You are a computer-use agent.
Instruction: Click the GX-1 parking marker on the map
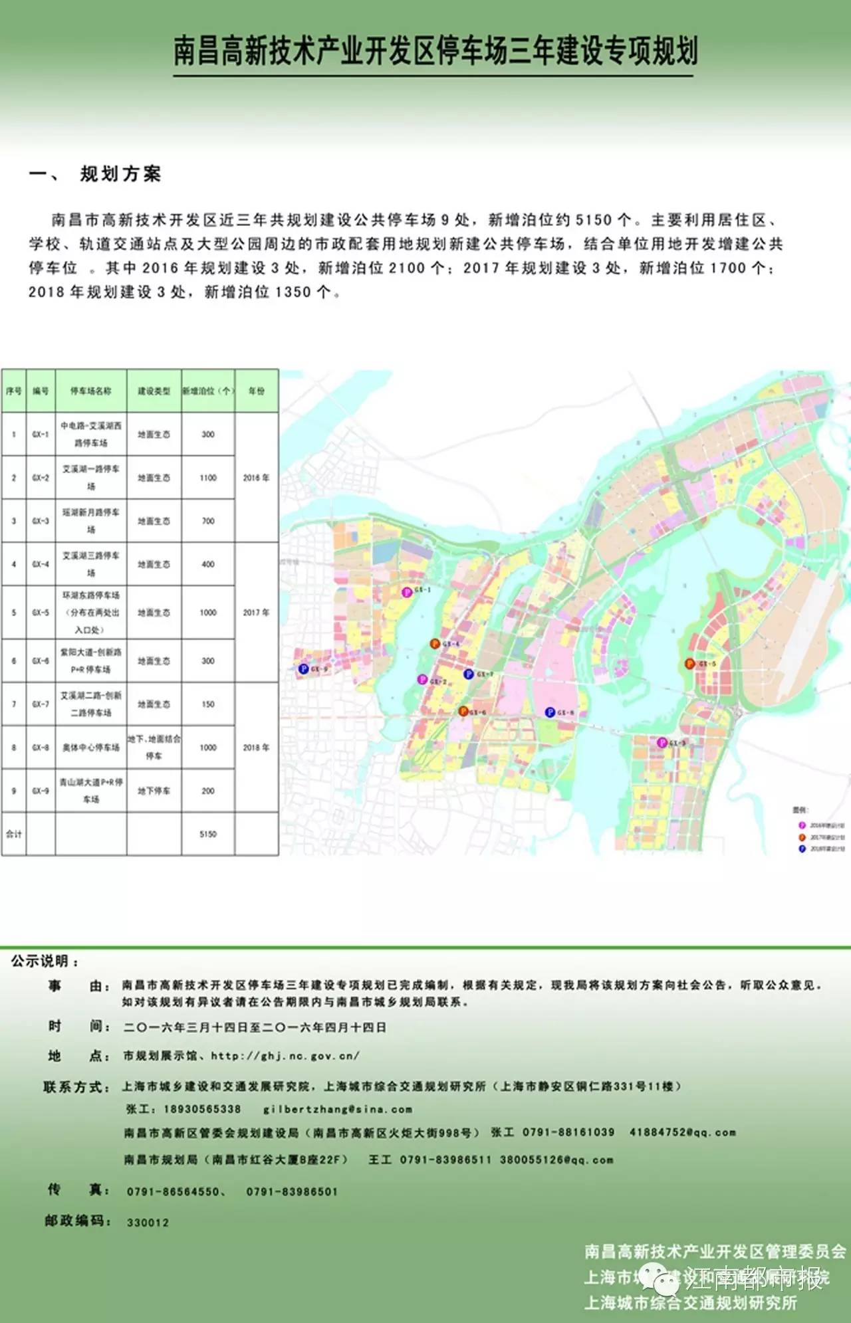[407, 591]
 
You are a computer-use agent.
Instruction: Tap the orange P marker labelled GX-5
[689, 664]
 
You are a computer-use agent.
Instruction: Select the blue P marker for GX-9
[303, 668]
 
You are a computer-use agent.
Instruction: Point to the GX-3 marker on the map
[662, 742]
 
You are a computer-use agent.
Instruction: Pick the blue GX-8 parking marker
[550, 712]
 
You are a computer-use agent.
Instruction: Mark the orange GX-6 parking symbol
[463, 712]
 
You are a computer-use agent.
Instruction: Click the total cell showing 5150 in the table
[208, 834]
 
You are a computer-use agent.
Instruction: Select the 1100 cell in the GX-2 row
[208, 478]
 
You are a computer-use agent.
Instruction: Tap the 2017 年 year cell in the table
[256, 613]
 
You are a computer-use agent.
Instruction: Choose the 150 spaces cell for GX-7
[208, 704]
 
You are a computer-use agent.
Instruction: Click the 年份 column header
[256, 391]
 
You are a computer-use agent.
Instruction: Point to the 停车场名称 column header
[91, 391]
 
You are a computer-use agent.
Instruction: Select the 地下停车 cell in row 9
[154, 791]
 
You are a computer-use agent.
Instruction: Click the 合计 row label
[14, 834]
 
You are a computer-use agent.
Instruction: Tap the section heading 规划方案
[120, 174]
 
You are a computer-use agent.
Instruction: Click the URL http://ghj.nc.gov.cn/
[285, 1056]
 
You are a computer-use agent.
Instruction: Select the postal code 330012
[148, 1223]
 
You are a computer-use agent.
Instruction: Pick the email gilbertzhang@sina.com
[338, 1109]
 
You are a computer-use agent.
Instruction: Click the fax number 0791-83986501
[292, 1192]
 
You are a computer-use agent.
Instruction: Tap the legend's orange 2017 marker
[802, 838]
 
